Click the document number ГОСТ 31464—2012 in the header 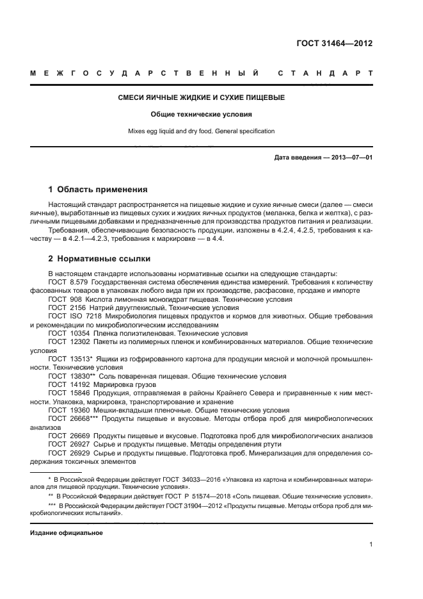pyautogui.click(x=335, y=44)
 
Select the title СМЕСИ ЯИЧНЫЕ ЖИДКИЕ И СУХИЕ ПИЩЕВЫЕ pyautogui.click(x=202, y=98)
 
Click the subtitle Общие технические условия pyautogui.click(x=202, y=115)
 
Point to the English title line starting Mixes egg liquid pyautogui.click(x=202, y=131)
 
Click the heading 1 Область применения pyautogui.click(x=98, y=190)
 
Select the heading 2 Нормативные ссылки pyautogui.click(x=99, y=259)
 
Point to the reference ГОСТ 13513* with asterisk pyautogui.click(x=70, y=359)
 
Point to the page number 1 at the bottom pyautogui.click(x=371, y=545)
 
